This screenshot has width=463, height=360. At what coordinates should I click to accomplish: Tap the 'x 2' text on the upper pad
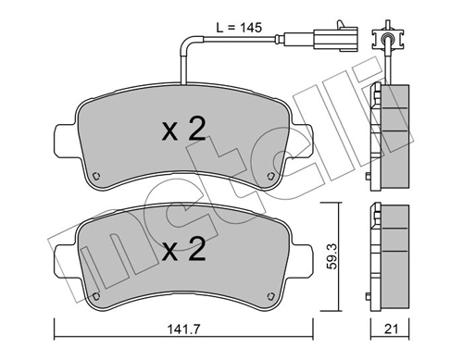pos(183,130)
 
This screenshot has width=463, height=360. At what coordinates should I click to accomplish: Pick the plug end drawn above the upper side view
pos(385,39)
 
